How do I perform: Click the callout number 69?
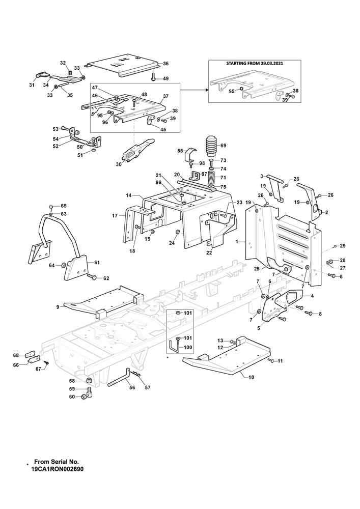(223, 146)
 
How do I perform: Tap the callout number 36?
(165, 64)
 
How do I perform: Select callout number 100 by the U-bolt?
(188, 348)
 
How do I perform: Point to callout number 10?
(250, 377)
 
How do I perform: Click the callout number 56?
(132, 387)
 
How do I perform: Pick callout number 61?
(97, 263)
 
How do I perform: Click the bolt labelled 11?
(271, 361)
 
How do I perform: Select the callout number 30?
(119, 164)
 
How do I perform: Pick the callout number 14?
(128, 195)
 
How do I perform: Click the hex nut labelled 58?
(88, 381)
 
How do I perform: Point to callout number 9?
(58, 306)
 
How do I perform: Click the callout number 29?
(343, 246)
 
